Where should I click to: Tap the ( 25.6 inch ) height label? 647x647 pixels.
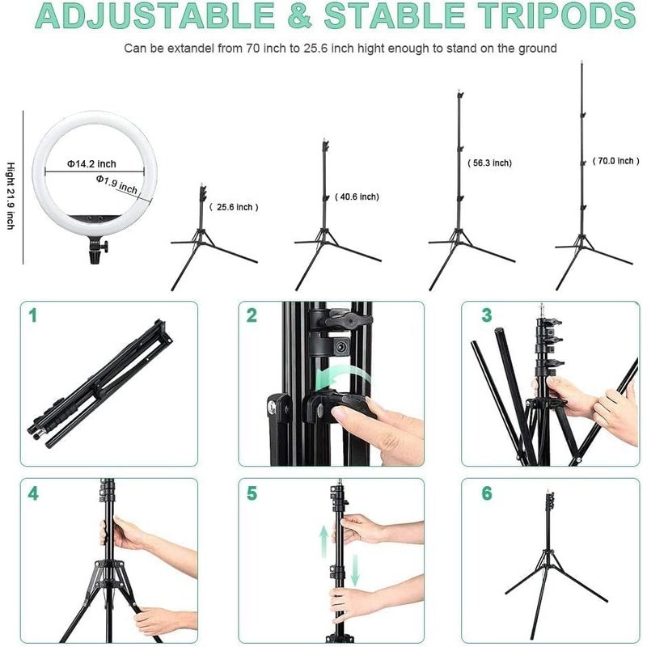click(x=235, y=207)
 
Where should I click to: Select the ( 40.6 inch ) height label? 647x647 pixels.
click(x=357, y=197)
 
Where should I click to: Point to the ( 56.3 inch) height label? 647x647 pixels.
click(x=489, y=163)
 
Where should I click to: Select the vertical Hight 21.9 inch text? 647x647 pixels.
click(x=11, y=194)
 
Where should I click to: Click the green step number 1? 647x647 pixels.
click(x=33, y=315)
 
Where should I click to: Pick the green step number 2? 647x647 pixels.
click(x=252, y=315)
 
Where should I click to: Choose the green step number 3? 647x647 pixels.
click(x=486, y=315)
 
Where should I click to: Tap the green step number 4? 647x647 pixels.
click(x=33, y=493)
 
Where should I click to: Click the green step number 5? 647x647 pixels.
click(x=252, y=493)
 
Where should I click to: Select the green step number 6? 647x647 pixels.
click(x=486, y=493)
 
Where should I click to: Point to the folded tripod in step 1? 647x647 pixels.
click(x=97, y=384)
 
